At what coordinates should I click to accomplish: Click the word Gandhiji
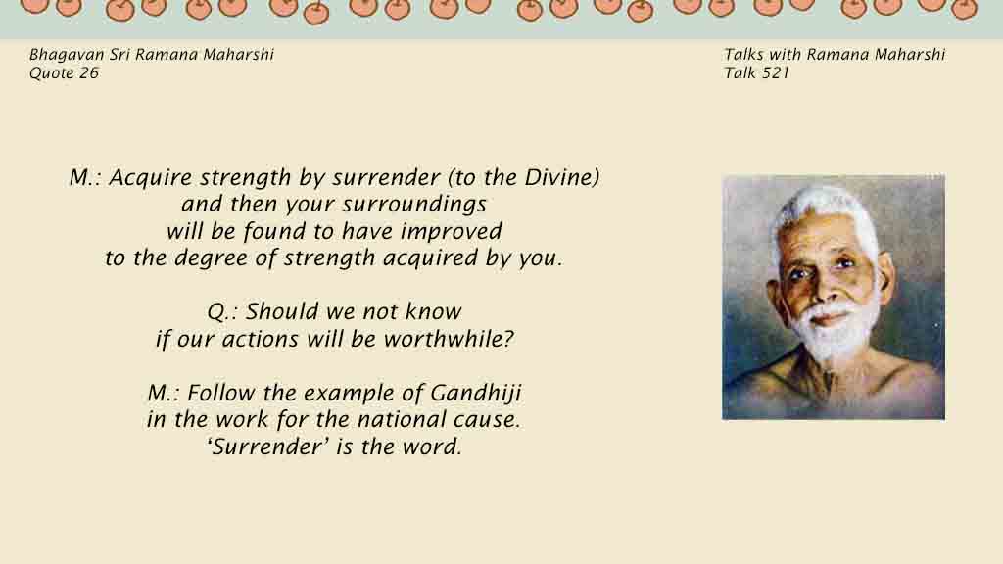coord(475,394)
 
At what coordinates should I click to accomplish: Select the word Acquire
coord(150,178)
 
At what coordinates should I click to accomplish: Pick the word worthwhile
coord(449,339)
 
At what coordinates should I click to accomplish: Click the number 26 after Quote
coord(89,72)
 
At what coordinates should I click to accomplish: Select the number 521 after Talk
coord(776,72)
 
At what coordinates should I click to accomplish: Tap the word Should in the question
coord(283,312)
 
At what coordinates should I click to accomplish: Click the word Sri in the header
coord(119,55)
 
